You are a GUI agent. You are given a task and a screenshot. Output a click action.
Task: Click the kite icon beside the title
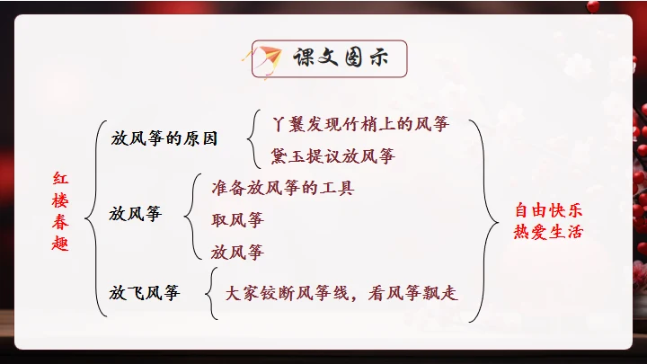pyautogui.click(x=266, y=58)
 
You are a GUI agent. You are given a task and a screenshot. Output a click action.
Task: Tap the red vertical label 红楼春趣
pyautogui.click(x=59, y=211)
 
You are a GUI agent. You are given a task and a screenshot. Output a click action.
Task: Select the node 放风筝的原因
pyautogui.click(x=164, y=138)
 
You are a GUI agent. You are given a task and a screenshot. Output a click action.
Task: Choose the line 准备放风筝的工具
pyautogui.click(x=282, y=188)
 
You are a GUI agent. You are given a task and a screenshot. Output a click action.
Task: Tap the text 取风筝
pyautogui.click(x=237, y=219)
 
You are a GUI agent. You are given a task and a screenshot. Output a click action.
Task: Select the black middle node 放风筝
pyautogui.click(x=136, y=215)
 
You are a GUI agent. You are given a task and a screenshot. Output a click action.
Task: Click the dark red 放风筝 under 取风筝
pyautogui.click(x=237, y=251)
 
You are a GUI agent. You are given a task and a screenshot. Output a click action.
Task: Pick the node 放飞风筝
pyautogui.click(x=144, y=292)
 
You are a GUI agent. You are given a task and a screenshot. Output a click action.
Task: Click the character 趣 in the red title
pyautogui.click(x=59, y=245)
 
